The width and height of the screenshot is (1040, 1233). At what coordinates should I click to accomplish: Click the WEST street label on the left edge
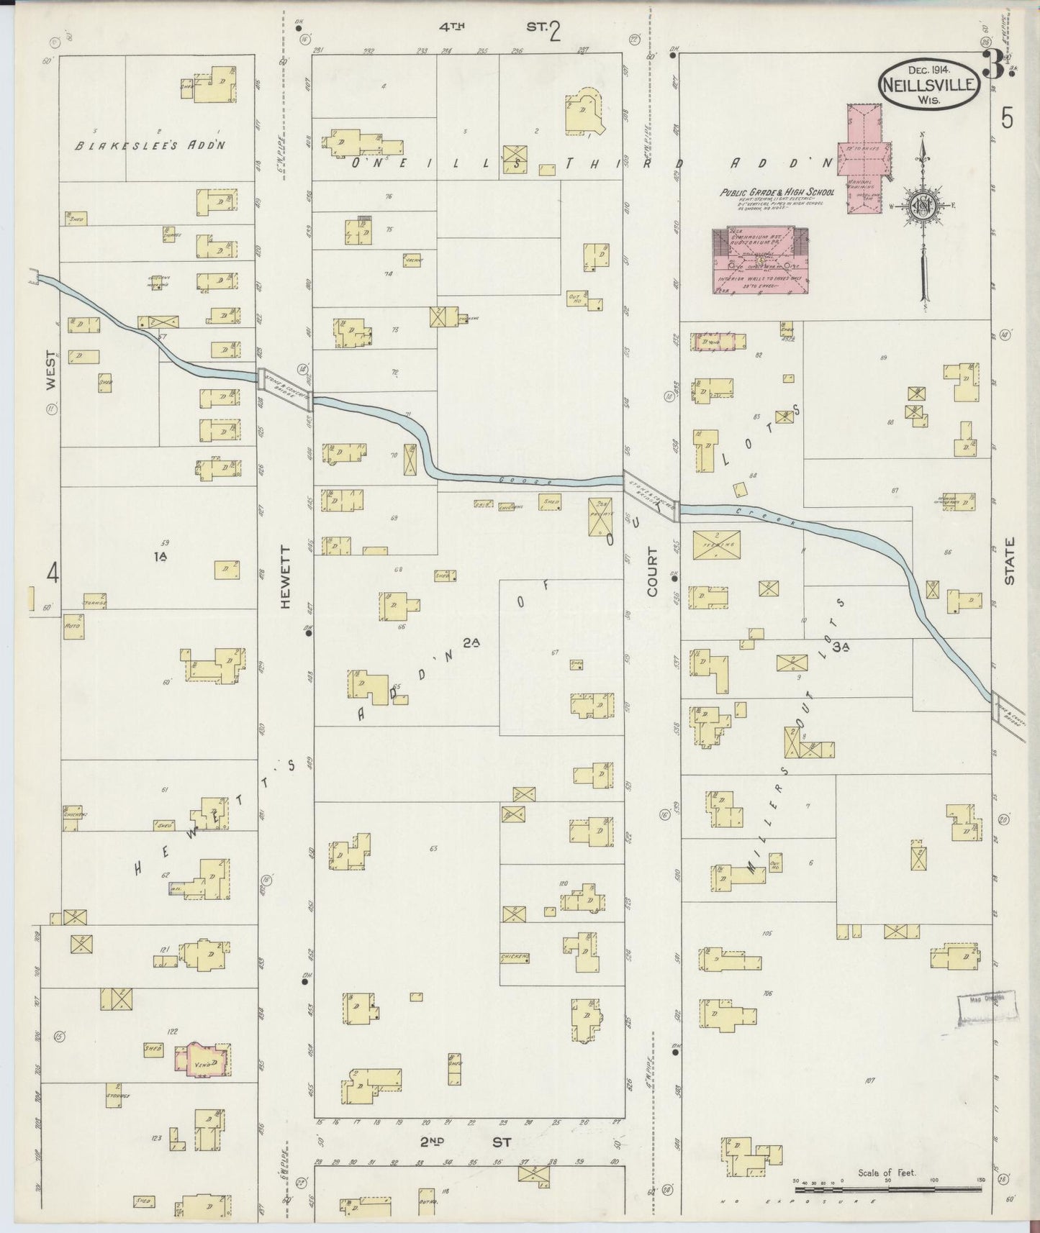coord(51,370)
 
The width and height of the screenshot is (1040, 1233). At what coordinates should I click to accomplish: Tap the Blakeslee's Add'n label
coord(152,145)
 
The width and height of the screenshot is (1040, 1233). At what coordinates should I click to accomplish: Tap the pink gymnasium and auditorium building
coord(759,260)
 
